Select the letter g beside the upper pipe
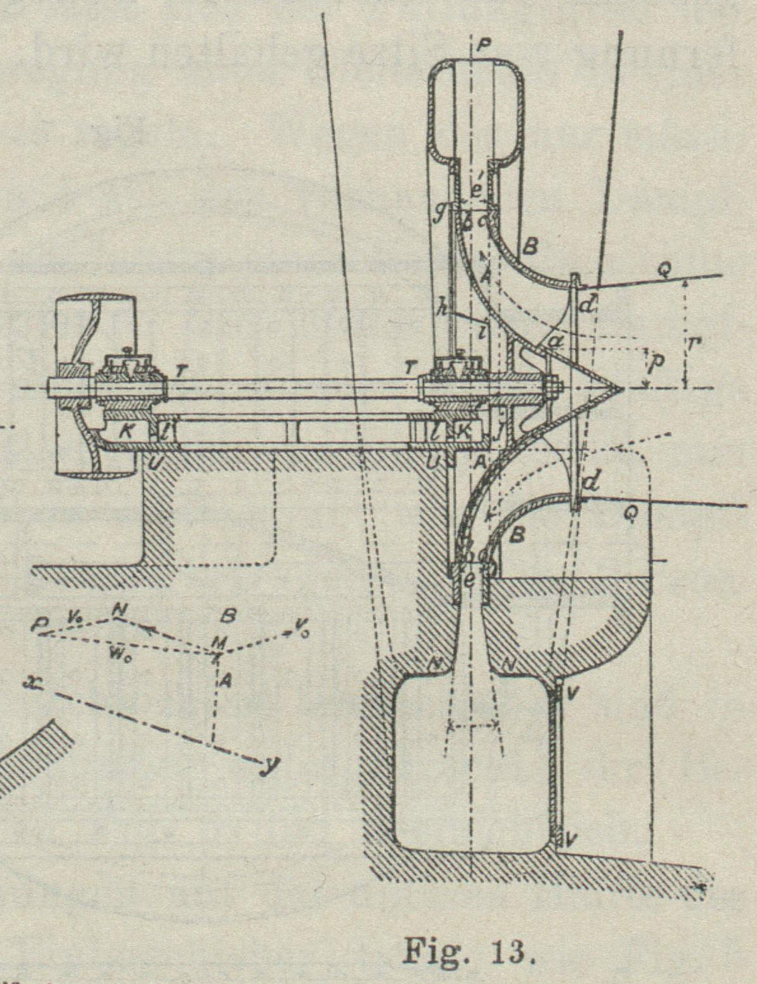[439, 212]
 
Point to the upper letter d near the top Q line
[587, 305]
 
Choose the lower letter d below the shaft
[591, 482]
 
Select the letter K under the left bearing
[126, 429]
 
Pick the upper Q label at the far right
[663, 272]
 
